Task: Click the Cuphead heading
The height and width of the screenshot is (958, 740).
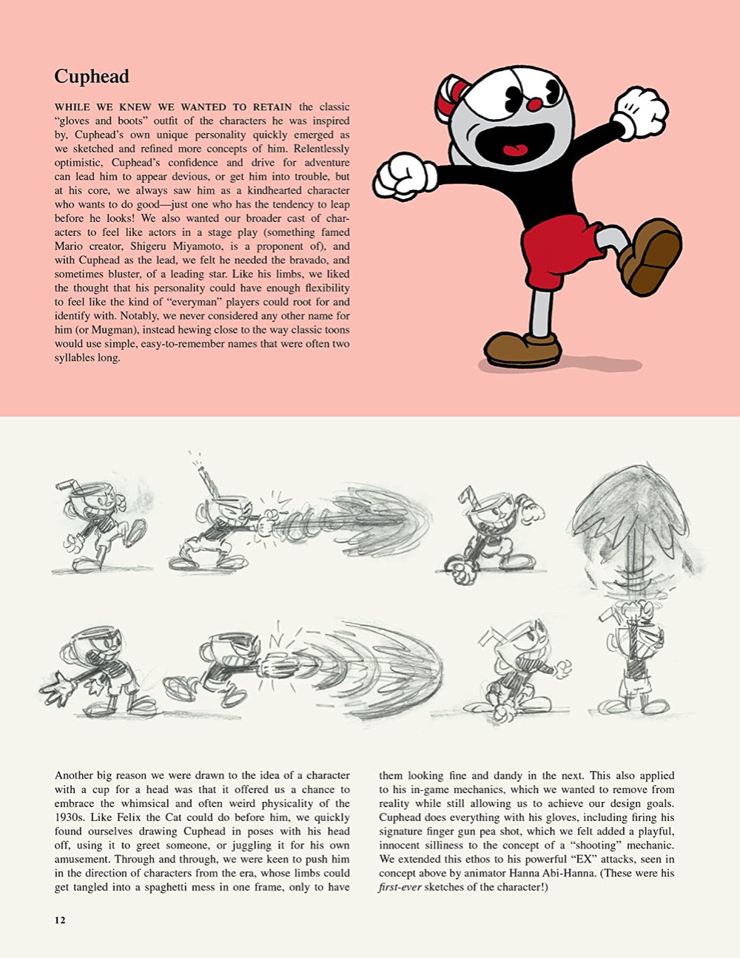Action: click(92, 77)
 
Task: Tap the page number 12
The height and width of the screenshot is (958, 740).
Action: click(60, 920)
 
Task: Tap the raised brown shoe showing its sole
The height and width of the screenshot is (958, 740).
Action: click(651, 256)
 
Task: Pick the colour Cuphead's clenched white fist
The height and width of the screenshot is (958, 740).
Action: click(404, 176)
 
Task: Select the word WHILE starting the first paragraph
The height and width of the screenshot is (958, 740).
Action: click(72, 107)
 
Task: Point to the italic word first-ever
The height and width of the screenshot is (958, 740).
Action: click(400, 888)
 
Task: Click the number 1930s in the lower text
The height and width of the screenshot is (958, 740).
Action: click(70, 818)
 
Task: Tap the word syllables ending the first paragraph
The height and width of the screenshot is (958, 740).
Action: click(78, 358)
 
